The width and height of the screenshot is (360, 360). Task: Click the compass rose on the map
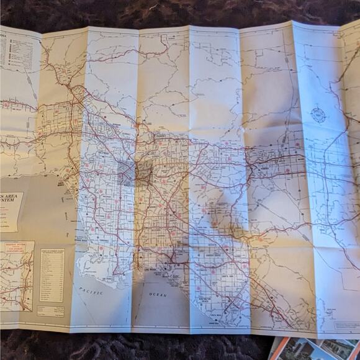click(x=318, y=115)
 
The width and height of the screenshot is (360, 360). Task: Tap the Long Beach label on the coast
click(x=164, y=268)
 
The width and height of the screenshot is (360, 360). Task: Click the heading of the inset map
click(x=17, y=246)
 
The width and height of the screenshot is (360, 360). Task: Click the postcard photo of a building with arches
click(x=339, y=349)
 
